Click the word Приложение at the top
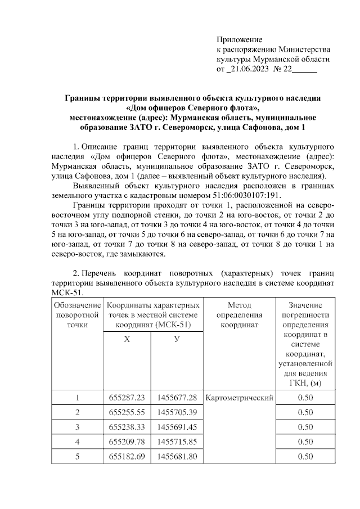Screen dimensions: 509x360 240,39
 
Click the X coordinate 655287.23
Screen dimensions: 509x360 127,398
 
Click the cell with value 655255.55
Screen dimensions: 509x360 127,412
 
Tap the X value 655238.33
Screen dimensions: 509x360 127,427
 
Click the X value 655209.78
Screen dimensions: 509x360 127,442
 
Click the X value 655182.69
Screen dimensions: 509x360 127,456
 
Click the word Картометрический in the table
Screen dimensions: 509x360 240,398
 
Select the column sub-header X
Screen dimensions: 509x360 127,340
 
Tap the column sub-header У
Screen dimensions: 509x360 177,340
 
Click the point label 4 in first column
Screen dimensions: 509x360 77,442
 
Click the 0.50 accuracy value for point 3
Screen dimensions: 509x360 304,427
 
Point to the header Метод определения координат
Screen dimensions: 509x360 240,314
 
